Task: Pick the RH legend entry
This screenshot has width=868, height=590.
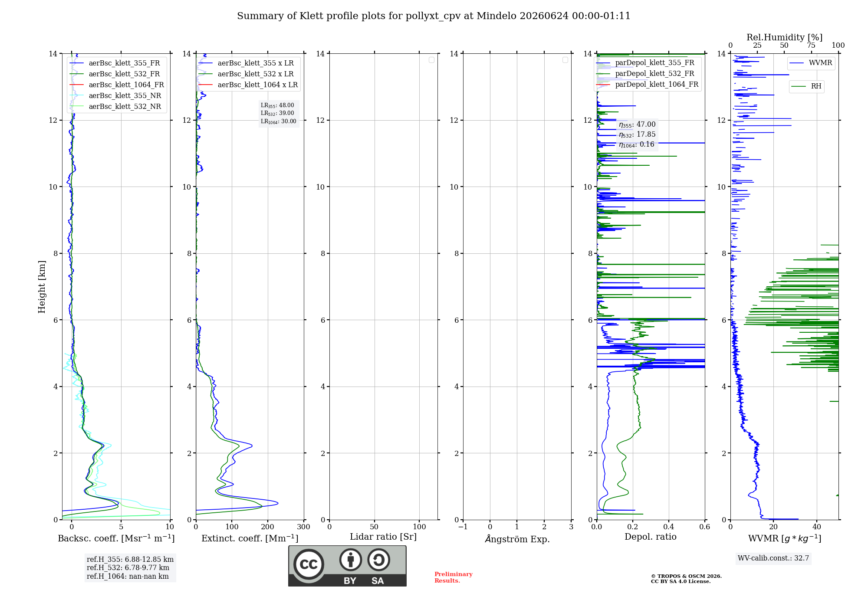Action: tap(807, 86)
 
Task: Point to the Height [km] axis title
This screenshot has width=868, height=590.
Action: tap(42, 287)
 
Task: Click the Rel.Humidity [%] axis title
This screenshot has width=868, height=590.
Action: tap(784, 37)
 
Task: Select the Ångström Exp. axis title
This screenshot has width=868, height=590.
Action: tap(517, 539)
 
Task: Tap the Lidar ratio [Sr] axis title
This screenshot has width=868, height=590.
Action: tap(383, 537)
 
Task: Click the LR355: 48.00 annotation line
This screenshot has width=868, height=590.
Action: tap(277, 105)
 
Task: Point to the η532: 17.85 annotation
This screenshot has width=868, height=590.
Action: tap(637, 134)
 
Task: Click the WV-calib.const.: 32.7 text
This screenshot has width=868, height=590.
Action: tap(773, 558)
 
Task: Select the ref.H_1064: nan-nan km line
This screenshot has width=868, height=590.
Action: tap(128, 576)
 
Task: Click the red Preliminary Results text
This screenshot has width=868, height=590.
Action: tap(454, 577)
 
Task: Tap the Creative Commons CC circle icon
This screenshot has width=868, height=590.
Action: tap(309, 564)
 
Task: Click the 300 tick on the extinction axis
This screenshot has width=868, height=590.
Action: tap(303, 527)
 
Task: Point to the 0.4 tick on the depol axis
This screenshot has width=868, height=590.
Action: tap(669, 527)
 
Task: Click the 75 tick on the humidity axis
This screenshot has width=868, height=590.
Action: tap(811, 46)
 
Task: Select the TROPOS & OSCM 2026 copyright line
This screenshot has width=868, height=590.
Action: tap(686, 576)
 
